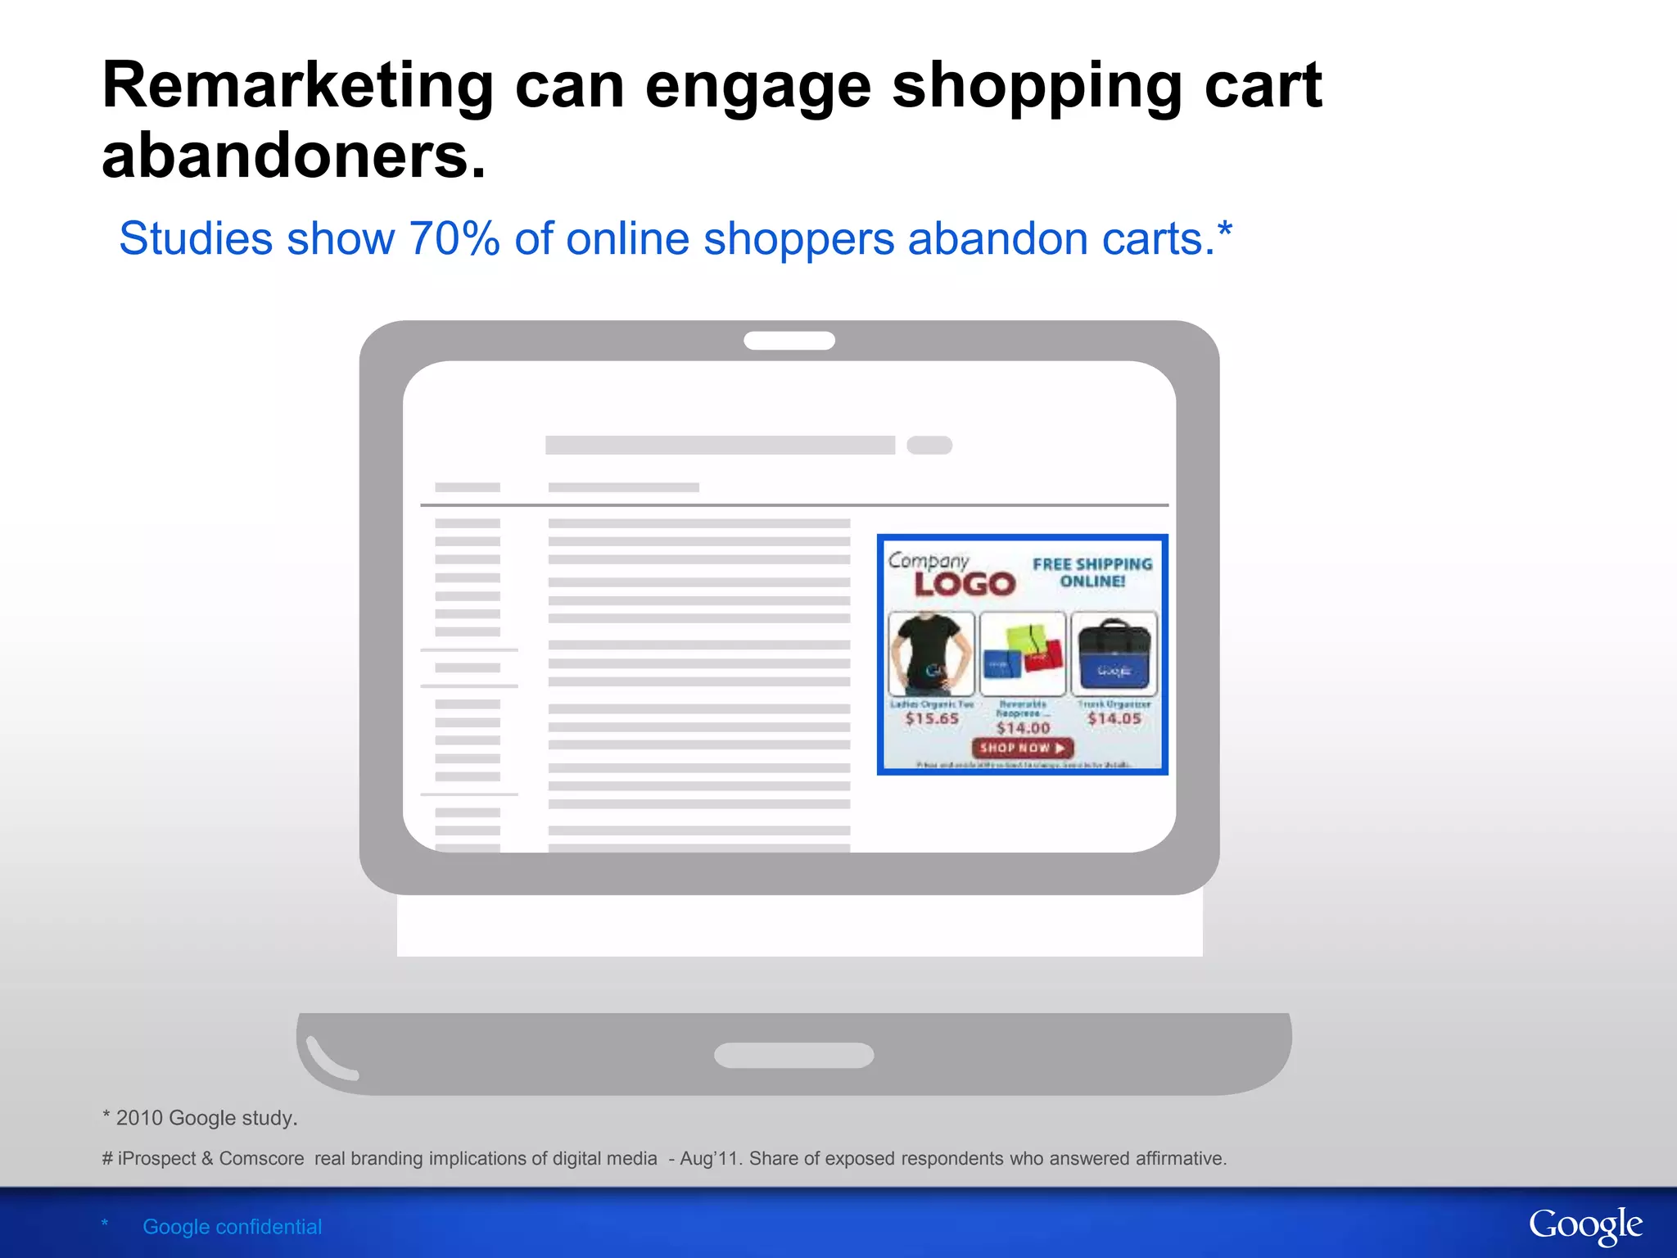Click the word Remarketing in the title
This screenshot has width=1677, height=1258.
[x=297, y=86]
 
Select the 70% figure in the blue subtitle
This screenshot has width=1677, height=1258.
[x=454, y=239]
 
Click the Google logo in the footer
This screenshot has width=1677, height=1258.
[x=1585, y=1226]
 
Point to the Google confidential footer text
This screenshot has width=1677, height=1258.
[x=232, y=1227]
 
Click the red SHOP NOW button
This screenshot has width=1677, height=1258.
[x=1022, y=748]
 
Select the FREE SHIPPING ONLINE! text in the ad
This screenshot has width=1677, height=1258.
[x=1092, y=572]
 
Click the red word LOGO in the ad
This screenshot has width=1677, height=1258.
[x=965, y=585]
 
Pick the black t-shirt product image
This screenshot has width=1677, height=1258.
[x=931, y=654]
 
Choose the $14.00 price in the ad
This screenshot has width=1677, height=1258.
[x=1023, y=728]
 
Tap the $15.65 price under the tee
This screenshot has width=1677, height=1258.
[x=932, y=718]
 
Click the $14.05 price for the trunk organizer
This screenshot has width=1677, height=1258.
[x=1114, y=718]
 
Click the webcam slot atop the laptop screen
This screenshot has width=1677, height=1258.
[x=789, y=341]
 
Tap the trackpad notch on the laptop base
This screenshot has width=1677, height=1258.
[x=793, y=1055]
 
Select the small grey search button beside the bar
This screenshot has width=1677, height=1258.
[x=929, y=446]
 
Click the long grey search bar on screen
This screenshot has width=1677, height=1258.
[x=720, y=446]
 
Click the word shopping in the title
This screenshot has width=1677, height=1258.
[x=1037, y=86]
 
